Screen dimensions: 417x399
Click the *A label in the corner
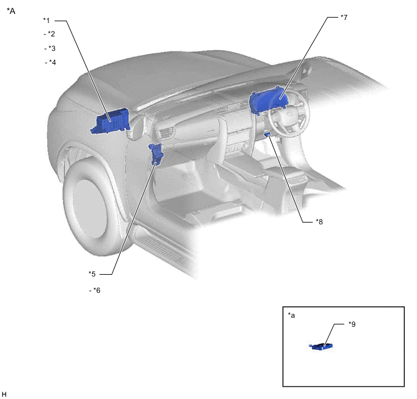click(x=11, y=11)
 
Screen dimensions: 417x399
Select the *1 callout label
click(x=46, y=21)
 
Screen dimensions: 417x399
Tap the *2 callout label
click(x=52, y=34)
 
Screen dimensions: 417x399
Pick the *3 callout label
click(x=52, y=49)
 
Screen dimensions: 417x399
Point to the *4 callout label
click(x=52, y=62)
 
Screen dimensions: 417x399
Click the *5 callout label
click(x=92, y=273)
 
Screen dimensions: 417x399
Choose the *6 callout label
click(x=97, y=290)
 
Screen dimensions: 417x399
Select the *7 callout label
click(x=344, y=18)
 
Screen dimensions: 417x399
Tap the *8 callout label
click(x=319, y=221)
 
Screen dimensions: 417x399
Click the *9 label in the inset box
click(x=352, y=324)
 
